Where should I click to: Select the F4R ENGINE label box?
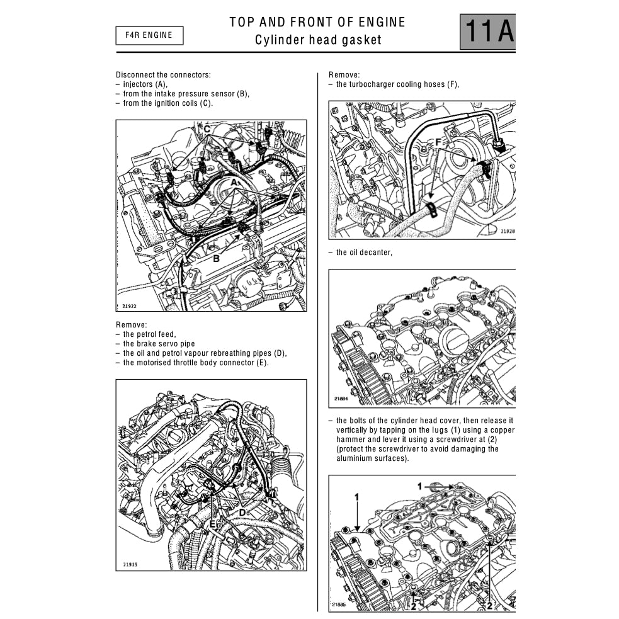point(149,35)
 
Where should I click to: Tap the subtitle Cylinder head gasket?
point(318,40)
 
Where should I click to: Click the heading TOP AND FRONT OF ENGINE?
point(317,22)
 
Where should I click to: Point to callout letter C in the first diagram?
point(206,129)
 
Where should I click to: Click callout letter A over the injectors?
point(234,181)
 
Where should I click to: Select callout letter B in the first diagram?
point(215,258)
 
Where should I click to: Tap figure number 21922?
point(129,306)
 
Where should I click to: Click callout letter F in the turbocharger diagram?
point(438,143)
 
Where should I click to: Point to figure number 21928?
point(508,231)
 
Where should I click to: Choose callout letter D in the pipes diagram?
point(241,512)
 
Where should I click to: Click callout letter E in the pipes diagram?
point(213,523)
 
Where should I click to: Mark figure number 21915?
point(130,564)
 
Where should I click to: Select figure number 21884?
point(341,399)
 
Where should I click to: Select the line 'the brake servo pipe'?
point(159,344)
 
